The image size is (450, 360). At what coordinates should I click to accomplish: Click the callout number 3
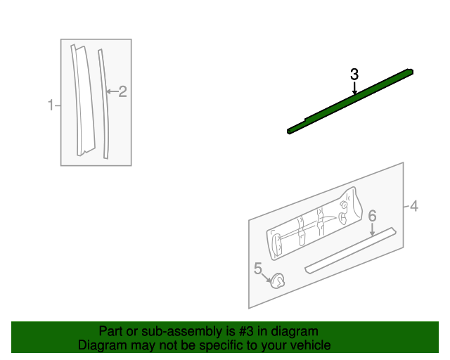[x=354, y=74]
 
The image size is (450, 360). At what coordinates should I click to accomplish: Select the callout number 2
[x=122, y=91]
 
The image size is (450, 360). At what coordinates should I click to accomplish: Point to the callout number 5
[x=258, y=268]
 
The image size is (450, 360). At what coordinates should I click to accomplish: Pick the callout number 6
[x=373, y=215]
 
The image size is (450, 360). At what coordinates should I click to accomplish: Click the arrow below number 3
[x=354, y=88]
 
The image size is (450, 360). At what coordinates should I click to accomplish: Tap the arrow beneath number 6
[x=373, y=229]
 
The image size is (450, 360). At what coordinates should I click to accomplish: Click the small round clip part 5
[x=278, y=282]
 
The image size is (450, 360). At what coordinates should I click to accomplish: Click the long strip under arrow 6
[x=352, y=250]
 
